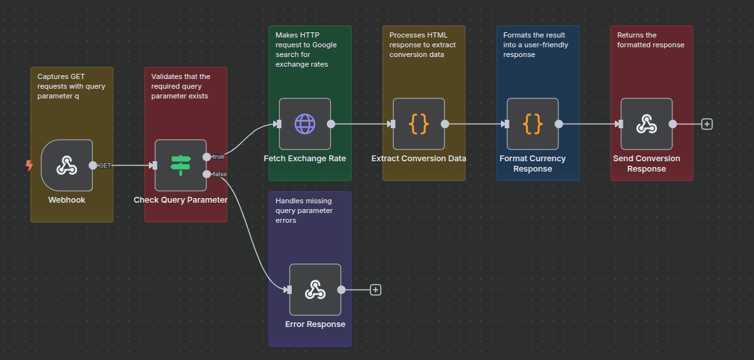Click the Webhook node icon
click(67, 166)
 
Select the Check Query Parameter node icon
click(181, 166)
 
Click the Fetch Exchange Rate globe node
click(305, 124)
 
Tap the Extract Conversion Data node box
click(419, 124)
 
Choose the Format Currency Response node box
click(533, 124)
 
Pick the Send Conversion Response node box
click(647, 124)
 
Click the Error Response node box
click(315, 290)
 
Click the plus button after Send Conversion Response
click(707, 124)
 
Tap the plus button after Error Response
click(375, 290)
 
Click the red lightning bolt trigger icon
click(29, 166)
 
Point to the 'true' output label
click(219, 157)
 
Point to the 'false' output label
click(219, 174)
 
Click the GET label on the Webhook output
click(105, 166)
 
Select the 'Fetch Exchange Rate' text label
click(305, 159)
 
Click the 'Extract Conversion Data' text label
click(419, 159)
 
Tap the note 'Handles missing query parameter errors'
click(304, 210)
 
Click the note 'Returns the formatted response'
click(650, 40)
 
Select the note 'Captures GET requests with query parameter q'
click(71, 86)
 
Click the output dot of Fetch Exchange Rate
click(331, 124)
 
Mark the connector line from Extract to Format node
click(476, 124)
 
